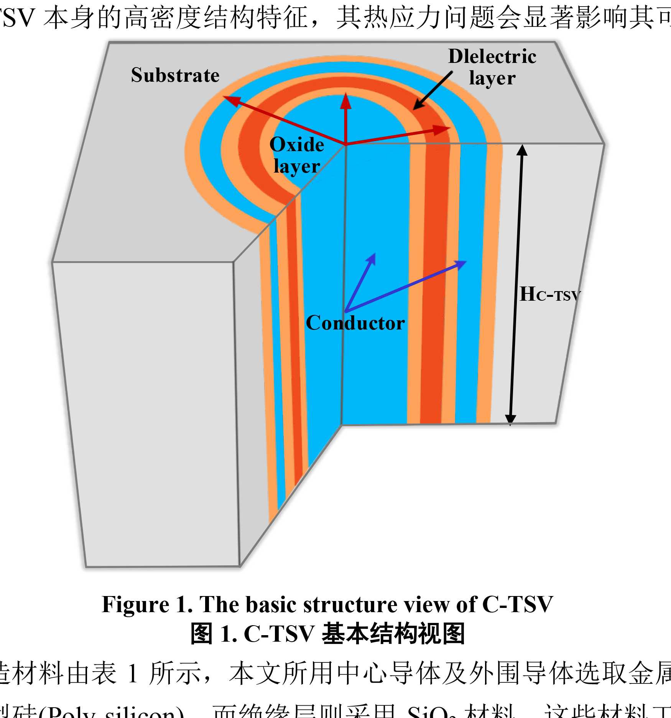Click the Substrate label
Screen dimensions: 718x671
point(175,75)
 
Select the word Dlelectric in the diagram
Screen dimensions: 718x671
point(492,57)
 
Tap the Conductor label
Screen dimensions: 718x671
point(355,323)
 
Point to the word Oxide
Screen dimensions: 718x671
point(297,145)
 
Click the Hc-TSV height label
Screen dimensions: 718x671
point(549,295)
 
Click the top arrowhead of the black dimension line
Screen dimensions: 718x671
point(522,150)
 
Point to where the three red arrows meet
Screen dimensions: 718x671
point(346,145)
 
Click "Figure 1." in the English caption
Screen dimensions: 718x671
point(147,605)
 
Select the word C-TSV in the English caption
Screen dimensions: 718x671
point(517,605)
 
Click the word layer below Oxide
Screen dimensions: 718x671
point(297,166)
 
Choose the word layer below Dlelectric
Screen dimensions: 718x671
point(492,78)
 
